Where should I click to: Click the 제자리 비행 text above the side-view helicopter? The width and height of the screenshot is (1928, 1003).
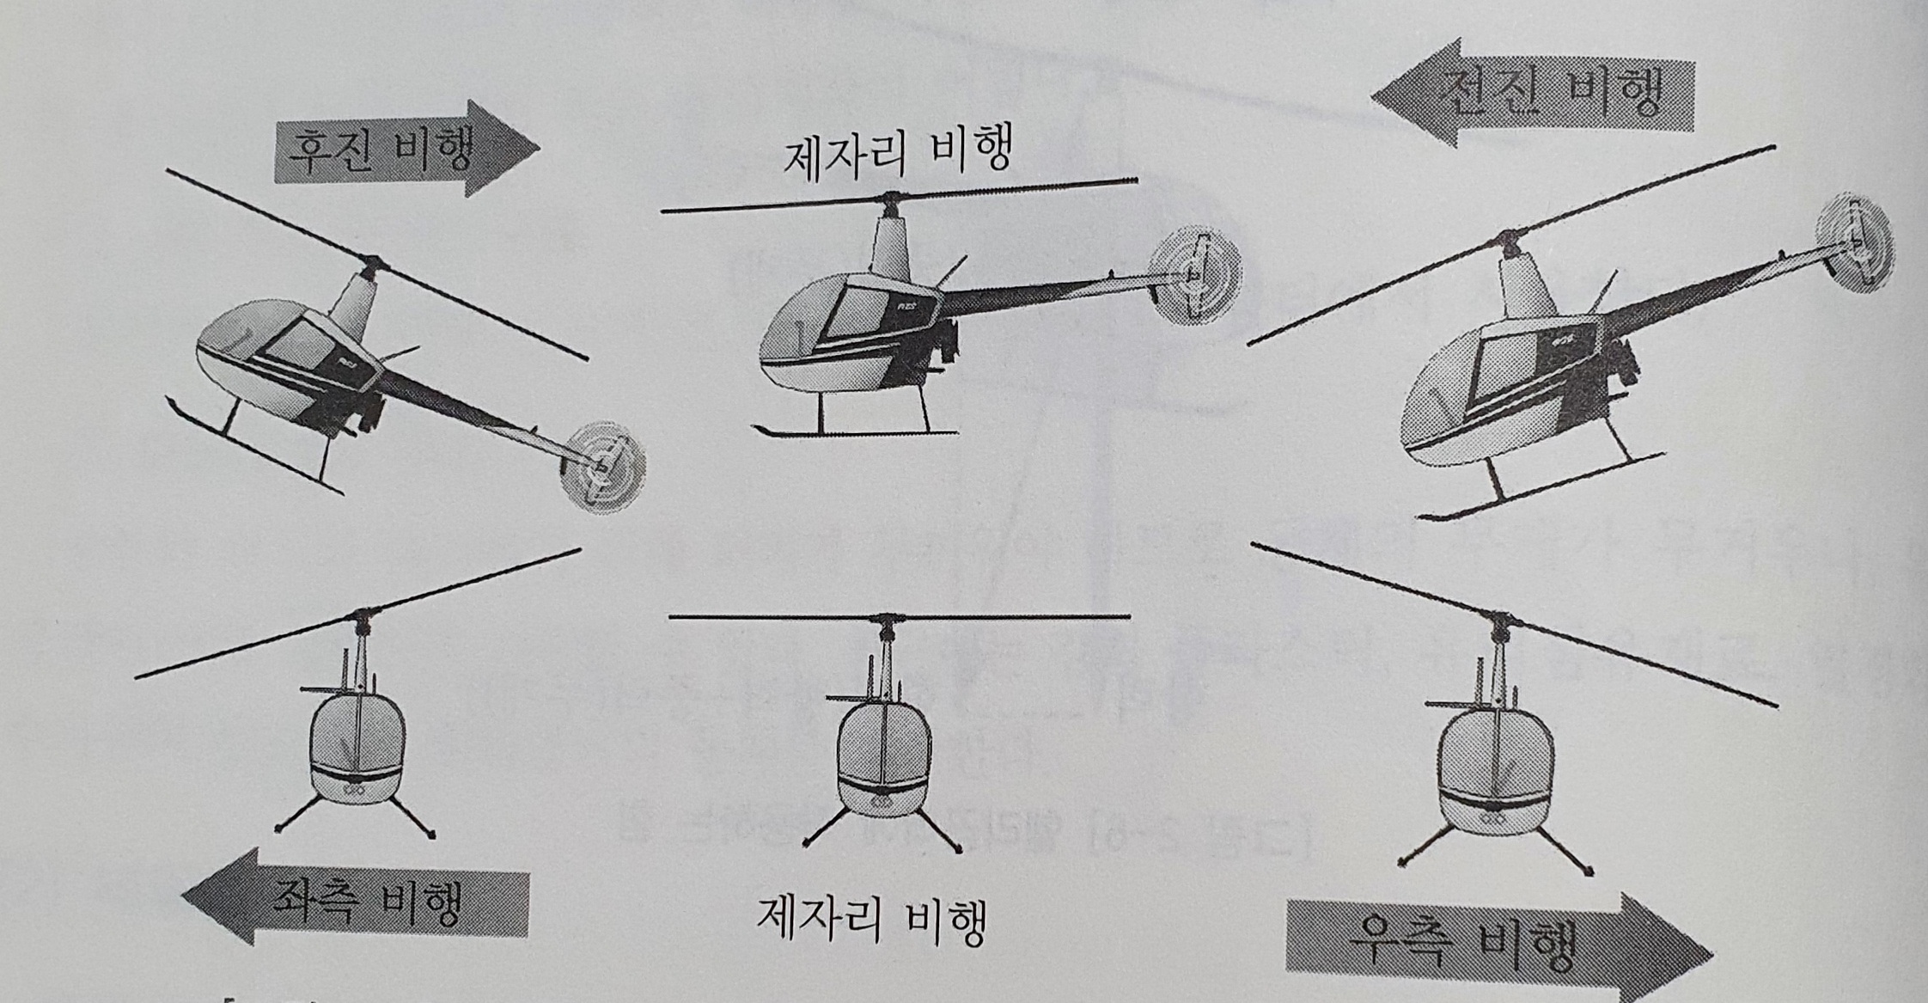[898, 152]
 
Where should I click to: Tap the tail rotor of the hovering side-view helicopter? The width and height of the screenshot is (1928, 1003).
[1195, 274]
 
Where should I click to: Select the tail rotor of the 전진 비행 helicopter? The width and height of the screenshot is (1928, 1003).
[1855, 243]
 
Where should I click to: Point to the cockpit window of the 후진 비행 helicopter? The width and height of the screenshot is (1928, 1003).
[296, 344]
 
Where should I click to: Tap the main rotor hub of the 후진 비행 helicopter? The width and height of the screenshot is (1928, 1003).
[371, 262]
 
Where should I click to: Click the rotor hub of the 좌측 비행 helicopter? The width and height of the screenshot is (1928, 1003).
[362, 615]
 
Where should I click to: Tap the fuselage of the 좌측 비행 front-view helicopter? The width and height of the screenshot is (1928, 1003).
[357, 748]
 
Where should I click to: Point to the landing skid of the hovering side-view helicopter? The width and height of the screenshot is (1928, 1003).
[855, 430]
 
